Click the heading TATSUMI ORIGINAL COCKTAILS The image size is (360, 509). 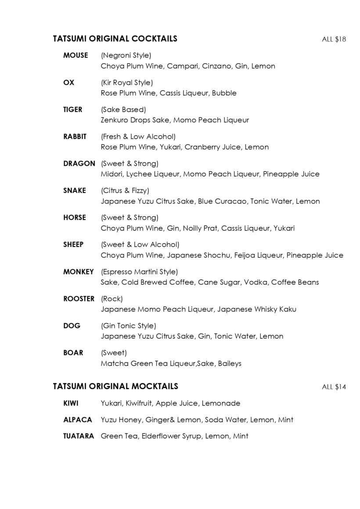[115, 39]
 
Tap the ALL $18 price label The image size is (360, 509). [334, 39]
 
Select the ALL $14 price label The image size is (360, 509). [334, 387]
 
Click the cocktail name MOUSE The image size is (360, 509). [76, 55]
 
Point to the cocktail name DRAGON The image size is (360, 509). [79, 163]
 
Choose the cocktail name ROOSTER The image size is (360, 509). [79, 298]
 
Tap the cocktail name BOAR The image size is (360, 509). [73, 352]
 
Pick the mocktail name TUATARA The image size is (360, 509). [79, 436]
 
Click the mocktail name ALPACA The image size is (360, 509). [78, 419]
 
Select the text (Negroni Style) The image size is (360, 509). [126, 55]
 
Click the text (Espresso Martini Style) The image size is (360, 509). [139, 272]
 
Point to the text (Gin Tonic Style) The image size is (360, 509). [128, 326]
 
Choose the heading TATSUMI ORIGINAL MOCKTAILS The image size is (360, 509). [115, 386]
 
